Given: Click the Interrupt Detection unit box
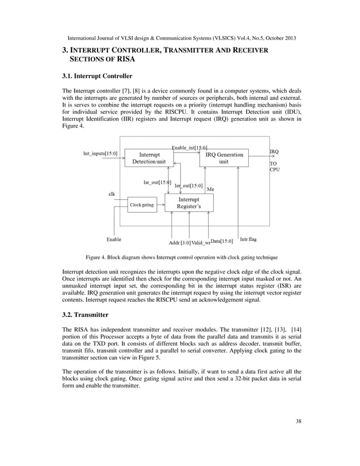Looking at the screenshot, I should coord(148,158).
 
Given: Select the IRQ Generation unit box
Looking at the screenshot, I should coord(224,158).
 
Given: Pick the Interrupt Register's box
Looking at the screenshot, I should coord(188,203).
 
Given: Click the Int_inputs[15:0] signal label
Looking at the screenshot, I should coord(100,153).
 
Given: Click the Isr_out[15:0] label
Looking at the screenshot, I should coord(158,182).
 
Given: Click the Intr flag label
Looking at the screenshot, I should coord(248,239).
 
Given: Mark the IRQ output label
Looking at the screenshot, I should coord(274,152).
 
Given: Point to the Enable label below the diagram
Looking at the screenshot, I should coord(115,239).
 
